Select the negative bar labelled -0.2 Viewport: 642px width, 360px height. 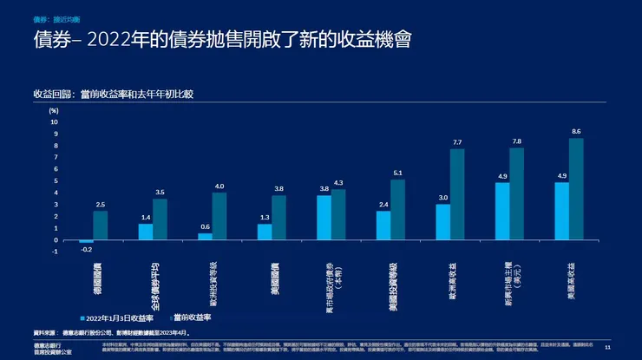click(x=86, y=242)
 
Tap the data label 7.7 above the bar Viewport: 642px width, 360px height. click(x=457, y=141)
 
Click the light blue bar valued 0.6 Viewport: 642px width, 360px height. click(x=205, y=237)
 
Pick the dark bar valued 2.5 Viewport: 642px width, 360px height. click(x=101, y=226)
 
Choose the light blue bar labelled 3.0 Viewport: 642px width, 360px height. click(x=442, y=222)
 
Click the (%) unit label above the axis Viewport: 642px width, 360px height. click(x=54, y=111)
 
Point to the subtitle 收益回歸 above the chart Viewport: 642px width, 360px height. click(x=50, y=92)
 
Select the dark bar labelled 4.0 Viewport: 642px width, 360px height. click(x=219, y=216)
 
